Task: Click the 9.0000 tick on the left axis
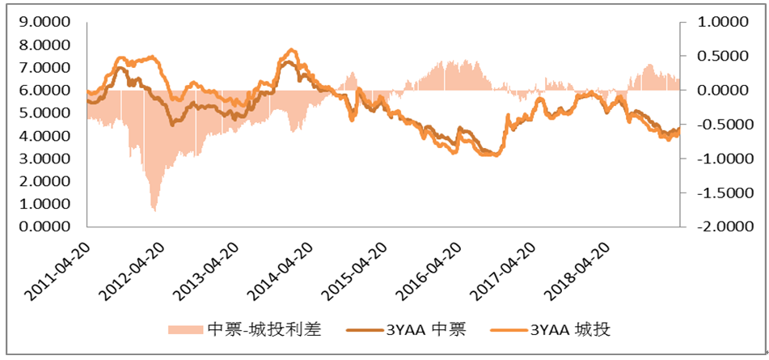[44, 23]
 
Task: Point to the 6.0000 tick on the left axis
[44, 91]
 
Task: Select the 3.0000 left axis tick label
[44, 159]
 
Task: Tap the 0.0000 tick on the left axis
[44, 227]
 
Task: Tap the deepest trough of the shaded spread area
[154, 210]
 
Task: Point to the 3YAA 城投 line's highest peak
[292, 50]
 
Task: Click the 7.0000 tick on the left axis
[44, 68]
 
